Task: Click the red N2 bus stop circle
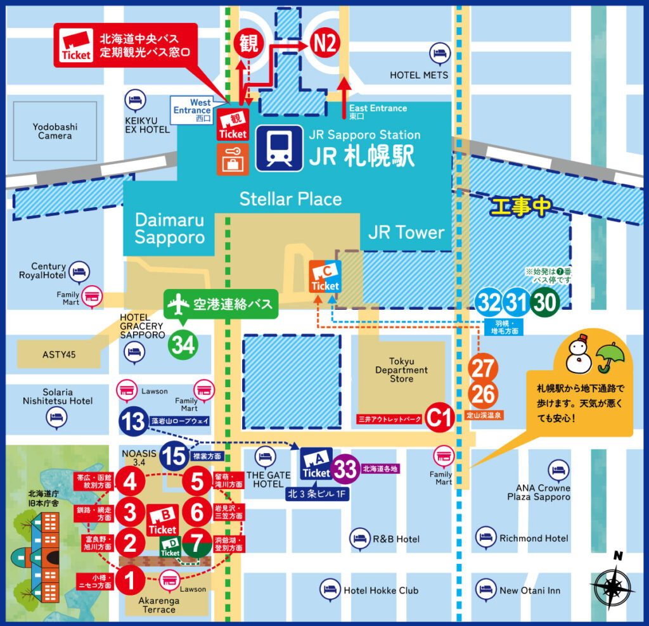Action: [326, 43]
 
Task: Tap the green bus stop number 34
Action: [183, 345]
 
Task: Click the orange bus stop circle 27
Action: [483, 367]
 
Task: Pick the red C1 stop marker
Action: [439, 418]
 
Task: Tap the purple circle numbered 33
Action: [346, 469]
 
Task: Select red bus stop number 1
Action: [130, 578]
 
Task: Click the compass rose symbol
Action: [613, 584]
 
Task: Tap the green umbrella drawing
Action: [610, 357]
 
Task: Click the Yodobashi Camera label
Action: [55, 131]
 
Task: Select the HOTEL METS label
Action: [419, 75]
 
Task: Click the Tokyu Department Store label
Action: [401, 370]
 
